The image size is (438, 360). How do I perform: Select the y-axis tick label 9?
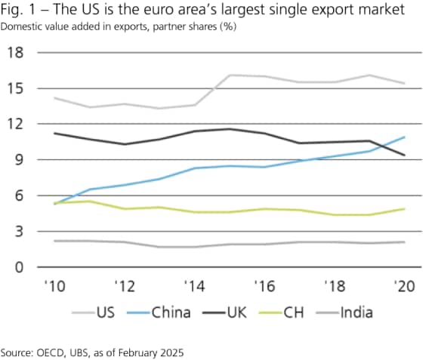pos(18,160)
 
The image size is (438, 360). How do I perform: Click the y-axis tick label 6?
pos(18,195)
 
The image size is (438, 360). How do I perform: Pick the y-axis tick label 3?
pos(18,231)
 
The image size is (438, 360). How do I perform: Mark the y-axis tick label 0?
pos(18,267)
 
